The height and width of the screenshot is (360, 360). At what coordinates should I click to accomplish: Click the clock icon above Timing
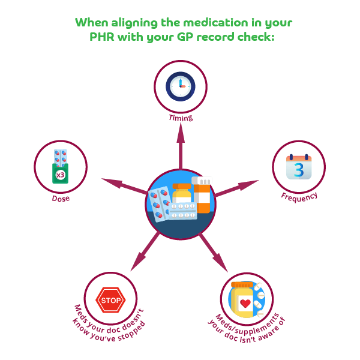(x=181, y=86)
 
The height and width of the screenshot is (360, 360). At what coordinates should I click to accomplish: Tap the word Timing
(x=181, y=118)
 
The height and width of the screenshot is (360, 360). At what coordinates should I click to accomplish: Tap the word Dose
(x=60, y=198)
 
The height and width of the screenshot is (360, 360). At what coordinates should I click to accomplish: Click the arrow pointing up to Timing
(x=181, y=147)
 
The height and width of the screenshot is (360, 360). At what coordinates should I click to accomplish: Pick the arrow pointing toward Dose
(x=123, y=184)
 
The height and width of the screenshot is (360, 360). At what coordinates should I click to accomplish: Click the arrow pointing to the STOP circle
(x=144, y=251)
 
